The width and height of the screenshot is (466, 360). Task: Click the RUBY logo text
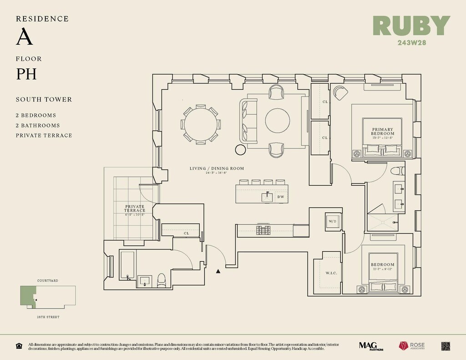click(411, 26)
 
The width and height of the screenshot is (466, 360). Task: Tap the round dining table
click(200, 125)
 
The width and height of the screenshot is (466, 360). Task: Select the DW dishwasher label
click(280, 197)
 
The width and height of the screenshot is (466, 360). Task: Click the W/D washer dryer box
click(332, 221)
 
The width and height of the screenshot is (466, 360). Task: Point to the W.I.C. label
click(331, 274)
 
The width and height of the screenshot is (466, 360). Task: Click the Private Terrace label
click(135, 208)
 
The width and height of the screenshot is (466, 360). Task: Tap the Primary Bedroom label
click(382, 131)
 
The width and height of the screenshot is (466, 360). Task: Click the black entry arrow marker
click(218, 271)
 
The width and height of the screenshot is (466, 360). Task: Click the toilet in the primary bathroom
click(397, 172)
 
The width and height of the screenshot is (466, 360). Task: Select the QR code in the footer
click(446, 346)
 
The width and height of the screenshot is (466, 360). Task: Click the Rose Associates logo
click(411, 346)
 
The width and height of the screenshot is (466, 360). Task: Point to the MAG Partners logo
click(369, 346)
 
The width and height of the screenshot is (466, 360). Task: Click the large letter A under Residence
click(25, 37)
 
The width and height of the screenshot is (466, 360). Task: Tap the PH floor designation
click(26, 74)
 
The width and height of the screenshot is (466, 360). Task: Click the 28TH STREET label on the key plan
click(47, 317)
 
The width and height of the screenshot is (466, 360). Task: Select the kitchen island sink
click(267, 196)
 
